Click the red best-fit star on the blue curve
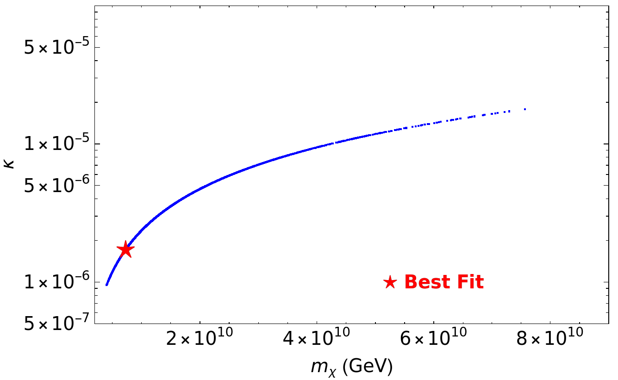click(x=125, y=249)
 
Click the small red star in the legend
click(x=390, y=282)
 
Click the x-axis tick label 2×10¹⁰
click(x=200, y=337)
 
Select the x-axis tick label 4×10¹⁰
click(x=317, y=337)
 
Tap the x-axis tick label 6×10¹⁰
click(x=433, y=337)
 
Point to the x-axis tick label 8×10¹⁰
click(x=550, y=337)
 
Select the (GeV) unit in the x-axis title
click(x=368, y=366)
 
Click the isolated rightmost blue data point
click(x=525, y=109)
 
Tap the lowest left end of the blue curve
click(x=106, y=285)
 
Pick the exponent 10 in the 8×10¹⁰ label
click(x=575, y=332)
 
